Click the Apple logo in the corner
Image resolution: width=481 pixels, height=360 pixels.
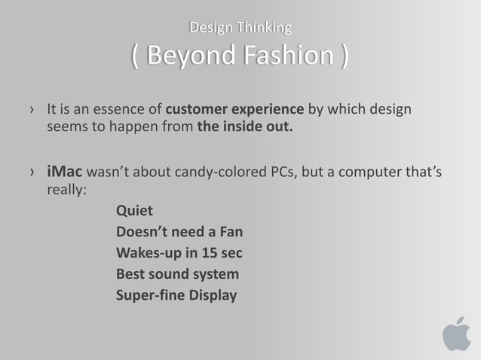click(456, 333)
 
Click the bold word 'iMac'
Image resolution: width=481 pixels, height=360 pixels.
click(65, 175)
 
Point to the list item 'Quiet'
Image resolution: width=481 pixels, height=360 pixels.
click(134, 211)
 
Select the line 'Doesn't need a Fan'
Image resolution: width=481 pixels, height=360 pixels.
click(179, 231)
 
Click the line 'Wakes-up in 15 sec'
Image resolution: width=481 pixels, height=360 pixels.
click(179, 252)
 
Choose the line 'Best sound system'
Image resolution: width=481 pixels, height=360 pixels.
click(177, 273)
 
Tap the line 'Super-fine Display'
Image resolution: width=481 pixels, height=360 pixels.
click(176, 294)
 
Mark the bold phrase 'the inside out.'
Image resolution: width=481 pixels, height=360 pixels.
click(245, 127)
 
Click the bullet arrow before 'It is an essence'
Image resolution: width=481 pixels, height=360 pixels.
click(31, 111)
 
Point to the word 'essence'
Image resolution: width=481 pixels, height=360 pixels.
click(126, 110)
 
